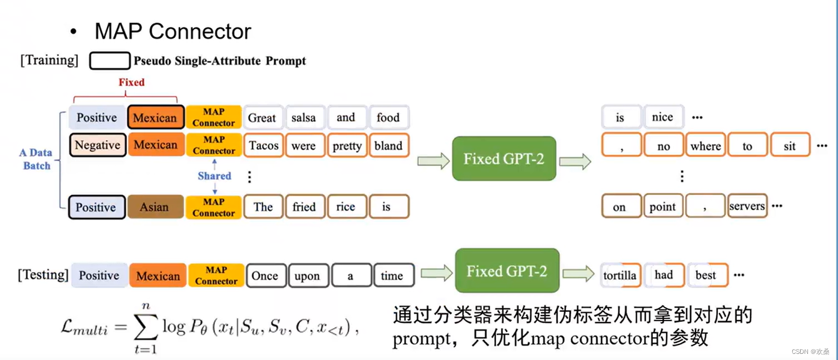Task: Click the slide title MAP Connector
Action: click(172, 31)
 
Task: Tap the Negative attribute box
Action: click(97, 145)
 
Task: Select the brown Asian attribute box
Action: click(155, 207)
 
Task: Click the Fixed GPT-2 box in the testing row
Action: click(507, 271)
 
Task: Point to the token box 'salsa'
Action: click(304, 117)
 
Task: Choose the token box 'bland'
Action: click(388, 146)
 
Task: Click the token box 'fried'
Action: click(304, 207)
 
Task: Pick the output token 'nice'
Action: click(663, 117)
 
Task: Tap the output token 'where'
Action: click(706, 146)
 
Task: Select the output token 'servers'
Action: click(747, 206)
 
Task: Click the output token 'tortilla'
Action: click(620, 275)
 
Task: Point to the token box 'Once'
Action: click(265, 276)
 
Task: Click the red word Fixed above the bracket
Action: click(131, 82)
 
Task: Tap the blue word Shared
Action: click(214, 176)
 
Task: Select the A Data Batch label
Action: click(36, 159)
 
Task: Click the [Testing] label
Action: click(43, 275)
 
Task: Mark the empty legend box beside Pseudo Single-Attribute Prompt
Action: click(110, 61)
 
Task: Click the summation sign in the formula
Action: click(145, 328)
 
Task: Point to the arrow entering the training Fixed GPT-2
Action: click(433, 161)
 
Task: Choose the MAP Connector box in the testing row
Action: click(216, 275)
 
